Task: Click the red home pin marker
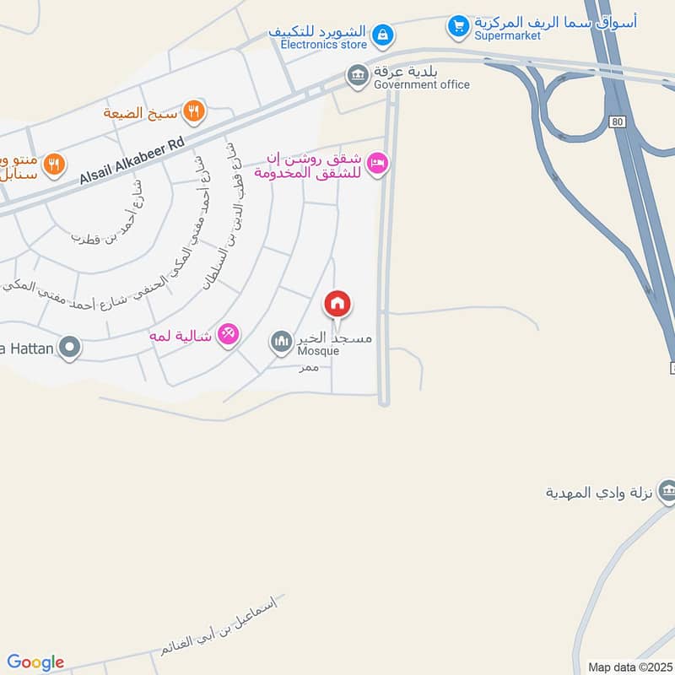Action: point(337,304)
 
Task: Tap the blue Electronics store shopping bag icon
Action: point(383,35)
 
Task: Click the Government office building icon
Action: point(358,76)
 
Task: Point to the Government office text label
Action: point(421,84)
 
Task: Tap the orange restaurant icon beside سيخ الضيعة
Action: point(194,111)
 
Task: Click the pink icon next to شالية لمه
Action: point(227,335)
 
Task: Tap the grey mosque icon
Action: point(280,343)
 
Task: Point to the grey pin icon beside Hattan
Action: point(70,346)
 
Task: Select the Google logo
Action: point(35,662)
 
